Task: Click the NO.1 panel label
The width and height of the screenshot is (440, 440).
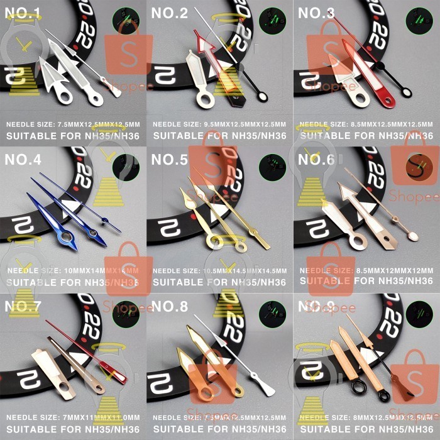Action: point(23,13)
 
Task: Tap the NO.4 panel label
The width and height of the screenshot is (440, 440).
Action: point(23,160)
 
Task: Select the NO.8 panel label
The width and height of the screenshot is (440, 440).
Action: point(170,307)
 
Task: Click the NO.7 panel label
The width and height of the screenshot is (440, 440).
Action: point(23,307)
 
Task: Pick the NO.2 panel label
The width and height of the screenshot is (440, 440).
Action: point(170,13)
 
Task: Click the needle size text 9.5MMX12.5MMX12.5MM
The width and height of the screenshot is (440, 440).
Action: point(219,124)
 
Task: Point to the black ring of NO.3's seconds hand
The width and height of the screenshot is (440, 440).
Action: point(407,92)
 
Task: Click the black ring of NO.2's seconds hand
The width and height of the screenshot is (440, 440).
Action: point(260,96)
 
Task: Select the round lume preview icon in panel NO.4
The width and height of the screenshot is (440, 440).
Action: point(126,168)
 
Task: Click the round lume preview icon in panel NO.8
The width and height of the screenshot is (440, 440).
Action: point(271,314)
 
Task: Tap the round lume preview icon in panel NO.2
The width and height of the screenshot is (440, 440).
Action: point(271,20)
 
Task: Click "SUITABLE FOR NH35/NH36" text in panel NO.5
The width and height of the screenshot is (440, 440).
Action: point(219,282)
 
